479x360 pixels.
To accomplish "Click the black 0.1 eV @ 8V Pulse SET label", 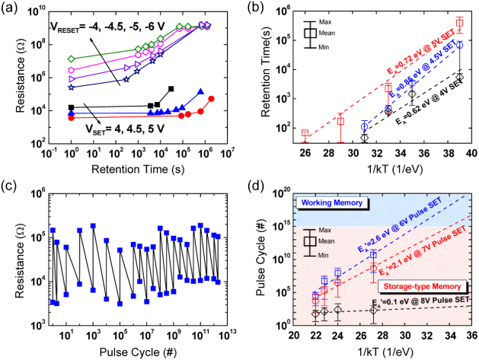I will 415,304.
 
